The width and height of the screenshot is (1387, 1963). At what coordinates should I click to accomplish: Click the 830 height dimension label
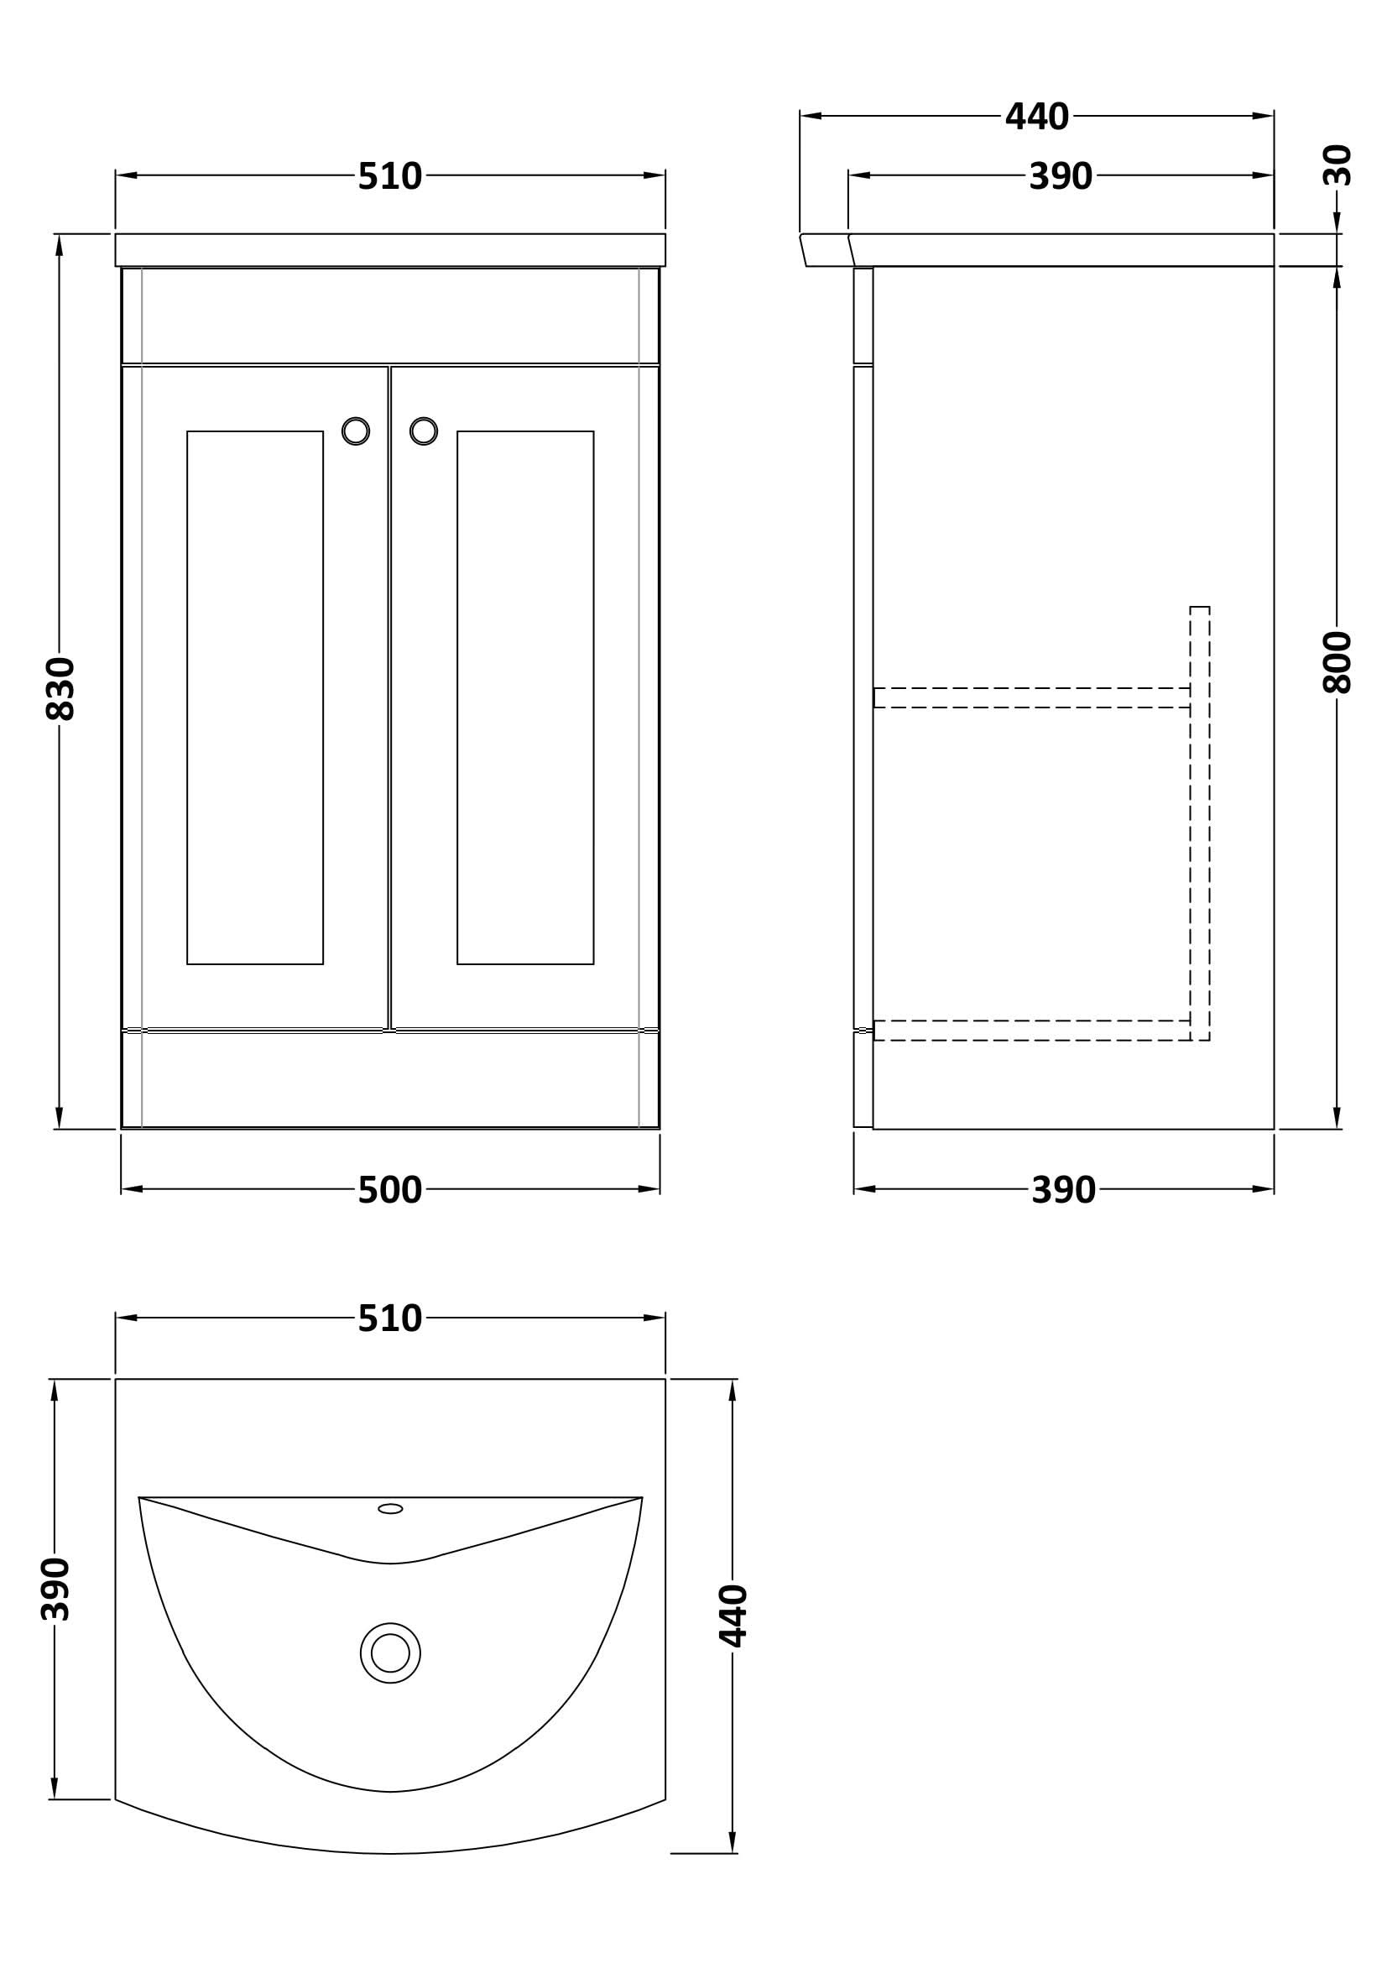pos(60,689)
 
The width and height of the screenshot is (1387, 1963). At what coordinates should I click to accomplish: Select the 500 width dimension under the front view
pos(389,1190)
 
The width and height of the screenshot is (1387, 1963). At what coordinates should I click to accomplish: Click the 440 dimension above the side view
pos(1036,117)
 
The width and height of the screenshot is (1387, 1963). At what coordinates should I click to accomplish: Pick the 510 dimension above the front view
pos(389,176)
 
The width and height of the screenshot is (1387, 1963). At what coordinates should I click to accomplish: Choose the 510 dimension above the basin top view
pos(389,1318)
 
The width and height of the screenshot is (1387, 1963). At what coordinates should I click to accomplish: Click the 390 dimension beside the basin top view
pos(55,1589)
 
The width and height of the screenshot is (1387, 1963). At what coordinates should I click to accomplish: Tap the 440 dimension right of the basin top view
pos(733,1615)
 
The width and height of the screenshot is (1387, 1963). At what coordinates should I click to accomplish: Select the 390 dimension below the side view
pos(1063,1190)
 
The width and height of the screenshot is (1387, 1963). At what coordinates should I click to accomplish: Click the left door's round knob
pos(356,431)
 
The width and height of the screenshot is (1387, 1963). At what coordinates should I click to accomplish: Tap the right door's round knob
pos(424,431)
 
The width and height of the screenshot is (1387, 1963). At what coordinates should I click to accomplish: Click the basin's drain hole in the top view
pos(390,1652)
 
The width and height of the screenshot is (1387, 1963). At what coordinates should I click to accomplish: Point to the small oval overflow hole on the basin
pos(390,1508)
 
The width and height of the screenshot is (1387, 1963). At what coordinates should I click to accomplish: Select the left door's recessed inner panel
pos(255,697)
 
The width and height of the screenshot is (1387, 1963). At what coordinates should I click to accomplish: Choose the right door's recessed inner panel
pos(525,697)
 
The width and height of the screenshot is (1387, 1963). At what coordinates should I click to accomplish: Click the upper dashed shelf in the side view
pos(1031,697)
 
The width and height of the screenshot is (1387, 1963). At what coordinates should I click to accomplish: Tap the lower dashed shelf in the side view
pos(1031,1031)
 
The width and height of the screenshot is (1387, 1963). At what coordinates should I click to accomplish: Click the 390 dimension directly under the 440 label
pos(1061,176)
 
